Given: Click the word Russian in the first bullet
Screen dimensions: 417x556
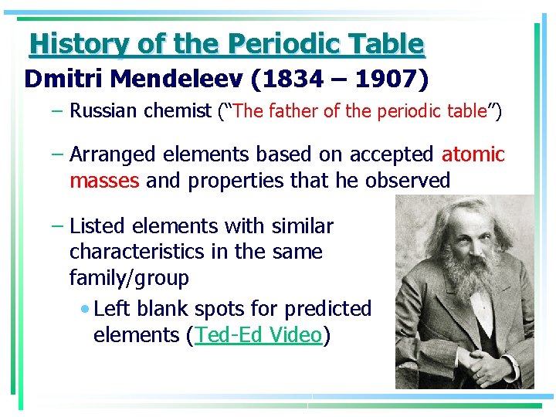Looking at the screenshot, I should tap(101, 111).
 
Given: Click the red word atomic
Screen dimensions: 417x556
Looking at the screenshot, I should tap(473, 154).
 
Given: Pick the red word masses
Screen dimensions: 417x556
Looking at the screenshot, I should tap(104, 181).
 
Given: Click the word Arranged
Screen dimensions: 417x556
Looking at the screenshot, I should tap(113, 154).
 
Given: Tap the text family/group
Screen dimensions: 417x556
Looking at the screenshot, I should tap(129, 277).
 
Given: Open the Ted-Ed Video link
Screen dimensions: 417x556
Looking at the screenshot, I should tap(258, 335).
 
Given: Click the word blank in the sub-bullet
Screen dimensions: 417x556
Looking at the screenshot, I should tap(162, 309).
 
